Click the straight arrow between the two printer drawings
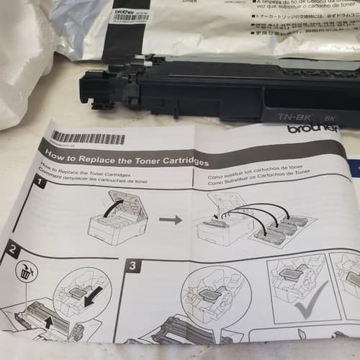[170, 217]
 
